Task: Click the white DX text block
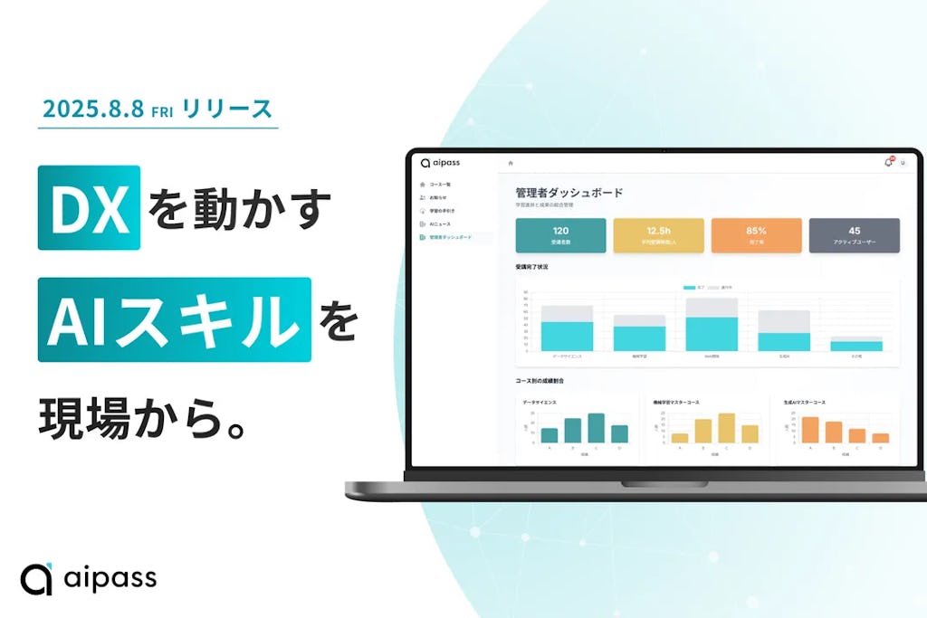coord(89,207)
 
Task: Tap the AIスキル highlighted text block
coord(174,319)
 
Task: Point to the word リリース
coord(226,109)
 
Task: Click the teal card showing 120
coord(560,234)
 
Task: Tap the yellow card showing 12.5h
coord(658,234)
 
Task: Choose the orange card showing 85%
coord(756,234)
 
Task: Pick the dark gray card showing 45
coord(854,234)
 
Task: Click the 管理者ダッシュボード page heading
coord(569,193)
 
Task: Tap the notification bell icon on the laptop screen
coord(887,163)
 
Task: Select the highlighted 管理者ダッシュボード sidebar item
coord(450,237)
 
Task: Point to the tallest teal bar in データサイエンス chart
coord(596,428)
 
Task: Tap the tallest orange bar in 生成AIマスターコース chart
coord(810,430)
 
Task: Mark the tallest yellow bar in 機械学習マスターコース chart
coord(726,428)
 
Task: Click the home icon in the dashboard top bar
coord(511,163)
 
